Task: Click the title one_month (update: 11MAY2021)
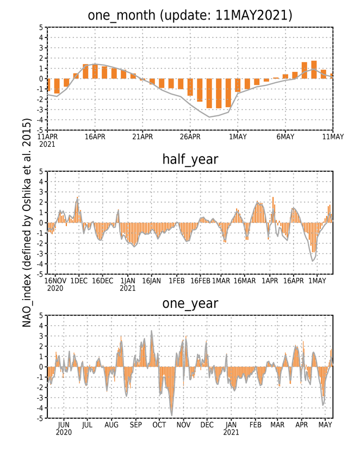pos(190,15)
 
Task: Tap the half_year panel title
pos(190,159)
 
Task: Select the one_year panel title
pos(190,303)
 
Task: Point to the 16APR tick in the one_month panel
pos(95,136)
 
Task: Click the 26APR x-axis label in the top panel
pos(190,136)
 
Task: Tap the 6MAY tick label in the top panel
pos(285,136)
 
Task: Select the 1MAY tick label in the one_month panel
pos(238,136)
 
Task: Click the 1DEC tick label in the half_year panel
pos(79,281)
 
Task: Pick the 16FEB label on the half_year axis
pos(200,281)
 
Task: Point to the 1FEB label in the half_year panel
pos(177,281)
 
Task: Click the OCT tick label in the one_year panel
pos(159,425)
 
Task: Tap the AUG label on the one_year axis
pos(111,425)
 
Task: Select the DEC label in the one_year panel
pos(207,425)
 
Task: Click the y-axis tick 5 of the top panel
pos(41,28)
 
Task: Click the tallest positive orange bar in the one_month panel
pos(314,70)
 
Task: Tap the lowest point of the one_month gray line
pos(209,117)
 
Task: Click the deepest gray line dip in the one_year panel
pos(171,415)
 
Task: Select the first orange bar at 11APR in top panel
pos(48,85)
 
